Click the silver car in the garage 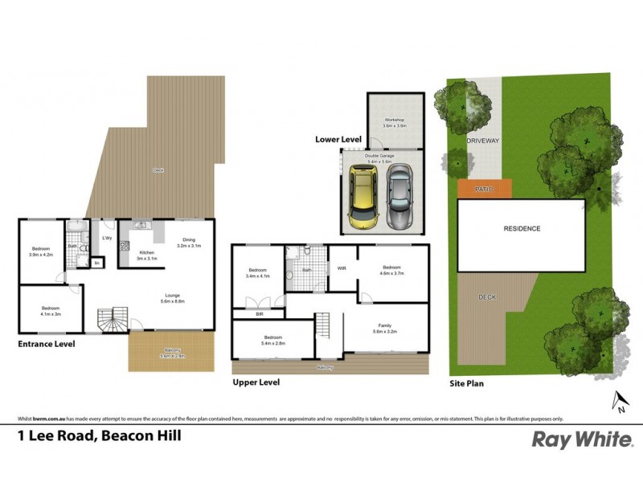399,195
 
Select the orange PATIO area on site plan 485,189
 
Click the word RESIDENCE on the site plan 522,229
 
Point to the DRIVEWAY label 483,141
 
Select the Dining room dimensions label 188,243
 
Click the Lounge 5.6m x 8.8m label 173,298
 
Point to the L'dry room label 106,238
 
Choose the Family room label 386,328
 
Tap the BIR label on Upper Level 258,315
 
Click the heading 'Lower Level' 338,140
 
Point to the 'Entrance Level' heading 46,344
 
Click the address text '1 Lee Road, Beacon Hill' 99,437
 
